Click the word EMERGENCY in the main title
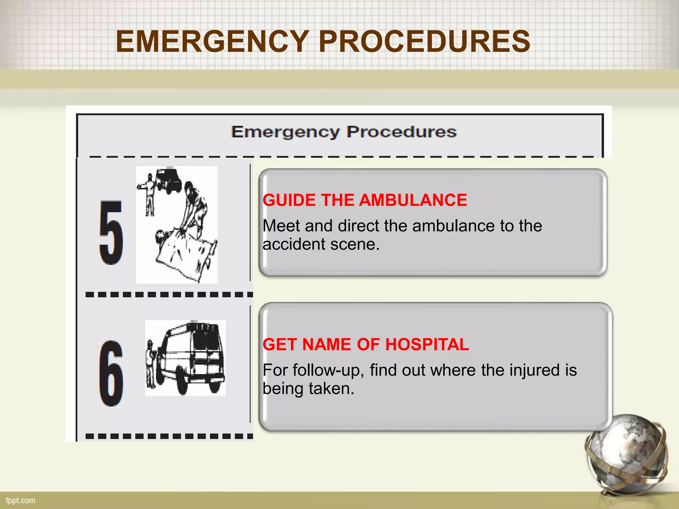point(212,41)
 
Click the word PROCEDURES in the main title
point(424,41)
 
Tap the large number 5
point(111,232)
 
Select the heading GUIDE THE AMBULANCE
point(365,200)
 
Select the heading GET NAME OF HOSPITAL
point(366,344)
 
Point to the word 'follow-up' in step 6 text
point(328,370)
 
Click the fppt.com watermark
point(21,500)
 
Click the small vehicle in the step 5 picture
point(169,181)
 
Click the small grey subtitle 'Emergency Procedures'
point(344,132)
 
